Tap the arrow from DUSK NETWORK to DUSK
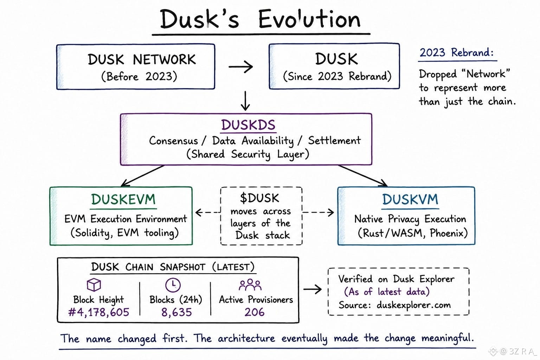240,66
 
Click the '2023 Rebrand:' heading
457,52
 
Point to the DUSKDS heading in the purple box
248,125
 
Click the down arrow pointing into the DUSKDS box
245,101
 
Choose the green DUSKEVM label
123,199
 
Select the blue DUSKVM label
410,199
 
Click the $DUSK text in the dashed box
260,198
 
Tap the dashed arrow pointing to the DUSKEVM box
208,212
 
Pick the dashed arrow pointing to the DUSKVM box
318,212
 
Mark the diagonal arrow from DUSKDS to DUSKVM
363,176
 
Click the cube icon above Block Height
94,284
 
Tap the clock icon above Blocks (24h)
173,285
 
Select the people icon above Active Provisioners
250,285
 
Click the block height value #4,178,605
99,312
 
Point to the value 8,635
176,312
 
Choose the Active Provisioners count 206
255,312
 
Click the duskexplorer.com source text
414,305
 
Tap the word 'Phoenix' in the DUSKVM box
448,233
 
